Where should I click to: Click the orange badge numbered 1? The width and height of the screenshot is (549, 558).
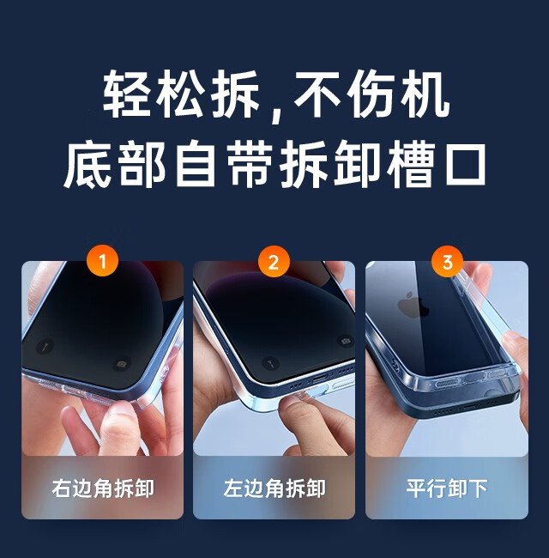click(x=102, y=262)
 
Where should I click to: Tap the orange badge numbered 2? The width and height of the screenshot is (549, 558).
click(x=274, y=263)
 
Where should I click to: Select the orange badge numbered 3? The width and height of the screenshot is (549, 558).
click(x=447, y=262)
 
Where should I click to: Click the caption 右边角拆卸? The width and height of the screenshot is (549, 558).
click(x=103, y=488)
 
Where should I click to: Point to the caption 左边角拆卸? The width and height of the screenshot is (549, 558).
click(x=274, y=488)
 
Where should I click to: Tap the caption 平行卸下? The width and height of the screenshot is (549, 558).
click(x=447, y=488)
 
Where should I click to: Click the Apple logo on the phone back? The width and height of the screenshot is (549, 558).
click(x=413, y=305)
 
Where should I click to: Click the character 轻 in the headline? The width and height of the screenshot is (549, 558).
click(x=126, y=94)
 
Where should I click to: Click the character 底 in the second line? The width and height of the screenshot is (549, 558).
click(x=88, y=164)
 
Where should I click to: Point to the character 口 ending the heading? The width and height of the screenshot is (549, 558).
click(x=466, y=165)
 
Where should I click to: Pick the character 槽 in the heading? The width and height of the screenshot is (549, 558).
click(x=412, y=164)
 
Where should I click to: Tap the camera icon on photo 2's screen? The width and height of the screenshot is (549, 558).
click(x=345, y=342)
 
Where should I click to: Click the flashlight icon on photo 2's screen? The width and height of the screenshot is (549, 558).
click(x=270, y=362)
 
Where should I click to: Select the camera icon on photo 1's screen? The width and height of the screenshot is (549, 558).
click(x=122, y=364)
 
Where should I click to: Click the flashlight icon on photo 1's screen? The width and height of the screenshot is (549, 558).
click(x=45, y=346)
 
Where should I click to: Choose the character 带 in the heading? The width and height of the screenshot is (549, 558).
click(x=251, y=164)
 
